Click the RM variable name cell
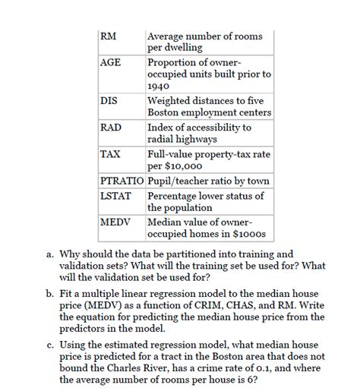pos(108,36)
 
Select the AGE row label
pos(111,62)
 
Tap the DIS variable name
pos(109,101)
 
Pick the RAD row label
pos(110,128)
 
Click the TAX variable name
pos(110,154)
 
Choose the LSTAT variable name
pos(116,196)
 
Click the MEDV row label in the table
pos(115,222)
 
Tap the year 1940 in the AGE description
pos(159,87)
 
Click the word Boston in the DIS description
pos(166,114)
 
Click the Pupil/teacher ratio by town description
pos(207,181)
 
